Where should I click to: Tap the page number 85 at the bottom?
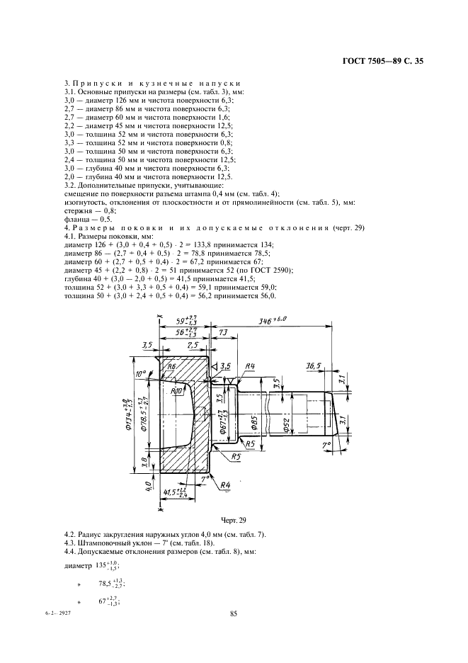tap(233, 613)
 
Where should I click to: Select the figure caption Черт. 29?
tap(232, 521)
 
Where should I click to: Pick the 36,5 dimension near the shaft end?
tap(314, 366)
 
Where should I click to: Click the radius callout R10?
tap(178, 390)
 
